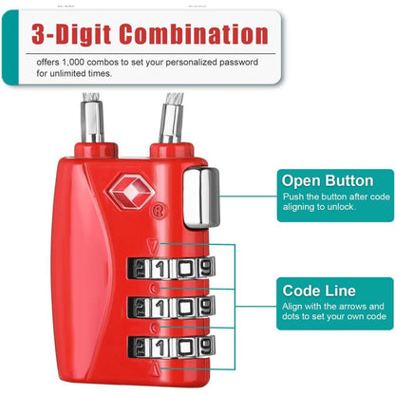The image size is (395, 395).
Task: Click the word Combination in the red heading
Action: (194, 34)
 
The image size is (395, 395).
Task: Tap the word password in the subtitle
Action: (239, 63)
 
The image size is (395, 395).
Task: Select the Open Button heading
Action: (328, 180)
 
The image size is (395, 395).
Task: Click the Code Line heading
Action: (319, 291)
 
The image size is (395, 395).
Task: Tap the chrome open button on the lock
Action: (201, 197)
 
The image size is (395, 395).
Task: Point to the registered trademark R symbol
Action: (160, 210)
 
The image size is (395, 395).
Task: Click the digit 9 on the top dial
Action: (206, 268)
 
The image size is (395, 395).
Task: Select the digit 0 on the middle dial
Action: (185, 307)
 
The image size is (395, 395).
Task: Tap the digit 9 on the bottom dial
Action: (206, 346)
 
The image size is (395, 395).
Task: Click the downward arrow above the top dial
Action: (153, 246)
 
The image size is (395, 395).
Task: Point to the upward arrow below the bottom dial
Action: (155, 368)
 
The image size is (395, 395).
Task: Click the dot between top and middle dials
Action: (155, 289)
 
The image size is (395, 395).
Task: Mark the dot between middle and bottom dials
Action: (155, 328)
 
